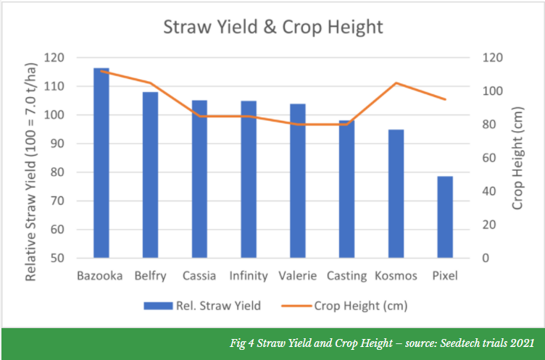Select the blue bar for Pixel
point(445,217)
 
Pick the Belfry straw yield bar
point(150,175)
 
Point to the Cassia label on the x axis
point(199,276)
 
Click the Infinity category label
point(249,276)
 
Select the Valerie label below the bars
point(297,276)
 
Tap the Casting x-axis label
point(346,276)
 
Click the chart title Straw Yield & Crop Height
point(272,28)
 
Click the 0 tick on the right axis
point(487,259)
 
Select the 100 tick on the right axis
point(493,91)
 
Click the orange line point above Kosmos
point(396,83)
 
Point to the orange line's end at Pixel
point(445,99)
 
